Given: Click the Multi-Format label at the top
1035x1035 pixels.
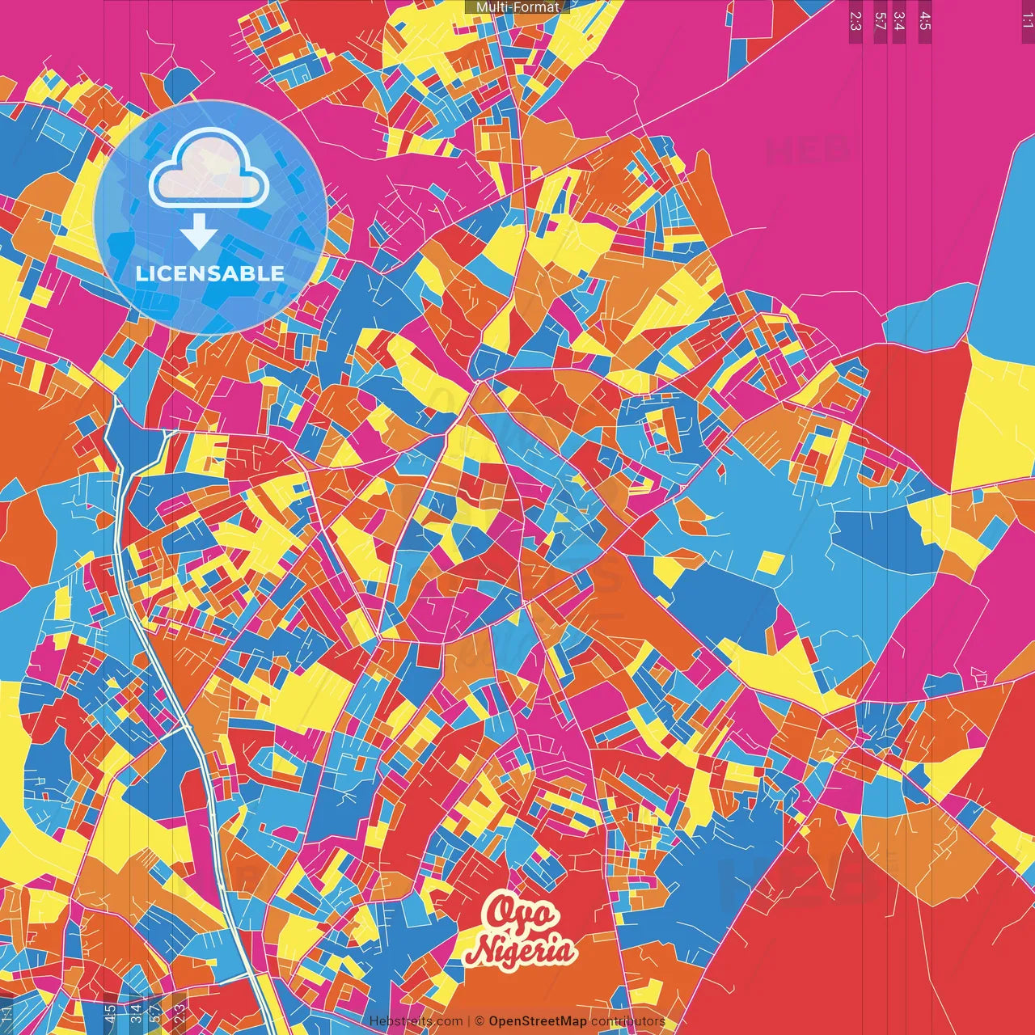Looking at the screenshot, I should [x=517, y=6].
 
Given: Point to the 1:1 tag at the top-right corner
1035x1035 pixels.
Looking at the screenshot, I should [x=1027, y=15].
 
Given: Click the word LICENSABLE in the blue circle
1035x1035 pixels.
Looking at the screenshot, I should [x=210, y=273].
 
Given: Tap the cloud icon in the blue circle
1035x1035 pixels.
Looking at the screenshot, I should [x=209, y=167].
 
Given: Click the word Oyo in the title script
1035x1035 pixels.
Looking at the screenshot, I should [x=522, y=915].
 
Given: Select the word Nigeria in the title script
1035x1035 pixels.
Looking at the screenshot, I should [x=522, y=950].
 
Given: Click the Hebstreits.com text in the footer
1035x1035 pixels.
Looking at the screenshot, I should [x=416, y=1021].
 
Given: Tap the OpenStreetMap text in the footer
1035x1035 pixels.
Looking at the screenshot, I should [x=538, y=1021].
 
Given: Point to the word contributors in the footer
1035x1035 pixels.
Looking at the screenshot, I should [x=627, y=1021].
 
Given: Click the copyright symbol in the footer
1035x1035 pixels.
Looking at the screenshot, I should [x=479, y=1021].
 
